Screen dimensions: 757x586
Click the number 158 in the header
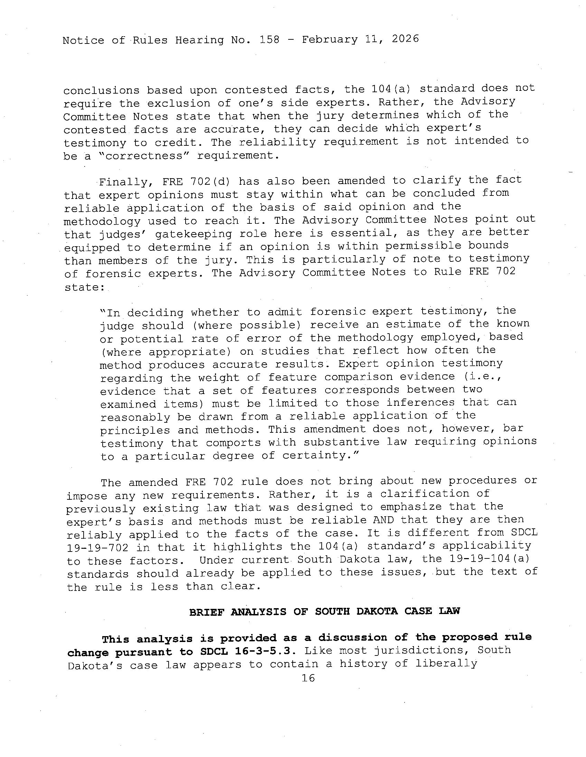(x=269, y=39)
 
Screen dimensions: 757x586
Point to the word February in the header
(x=329, y=39)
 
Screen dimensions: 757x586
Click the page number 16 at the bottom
(x=308, y=678)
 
